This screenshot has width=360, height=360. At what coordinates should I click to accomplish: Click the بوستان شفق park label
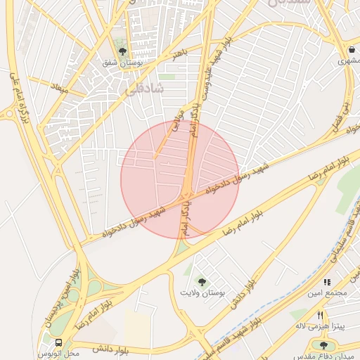tap(123, 63)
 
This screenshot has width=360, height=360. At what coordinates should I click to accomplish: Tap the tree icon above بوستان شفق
tap(123, 51)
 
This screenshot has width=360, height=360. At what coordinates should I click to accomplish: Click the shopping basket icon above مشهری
tap(350, 50)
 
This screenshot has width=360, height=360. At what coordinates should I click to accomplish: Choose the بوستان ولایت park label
tap(202, 292)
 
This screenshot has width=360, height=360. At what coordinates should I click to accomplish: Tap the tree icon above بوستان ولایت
tap(202, 281)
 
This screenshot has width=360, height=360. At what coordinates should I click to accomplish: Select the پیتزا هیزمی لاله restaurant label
tap(320, 326)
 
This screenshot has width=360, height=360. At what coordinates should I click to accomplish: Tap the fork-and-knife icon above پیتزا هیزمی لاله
tap(320, 315)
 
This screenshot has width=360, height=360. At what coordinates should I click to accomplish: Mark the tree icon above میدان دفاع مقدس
tap(323, 345)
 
